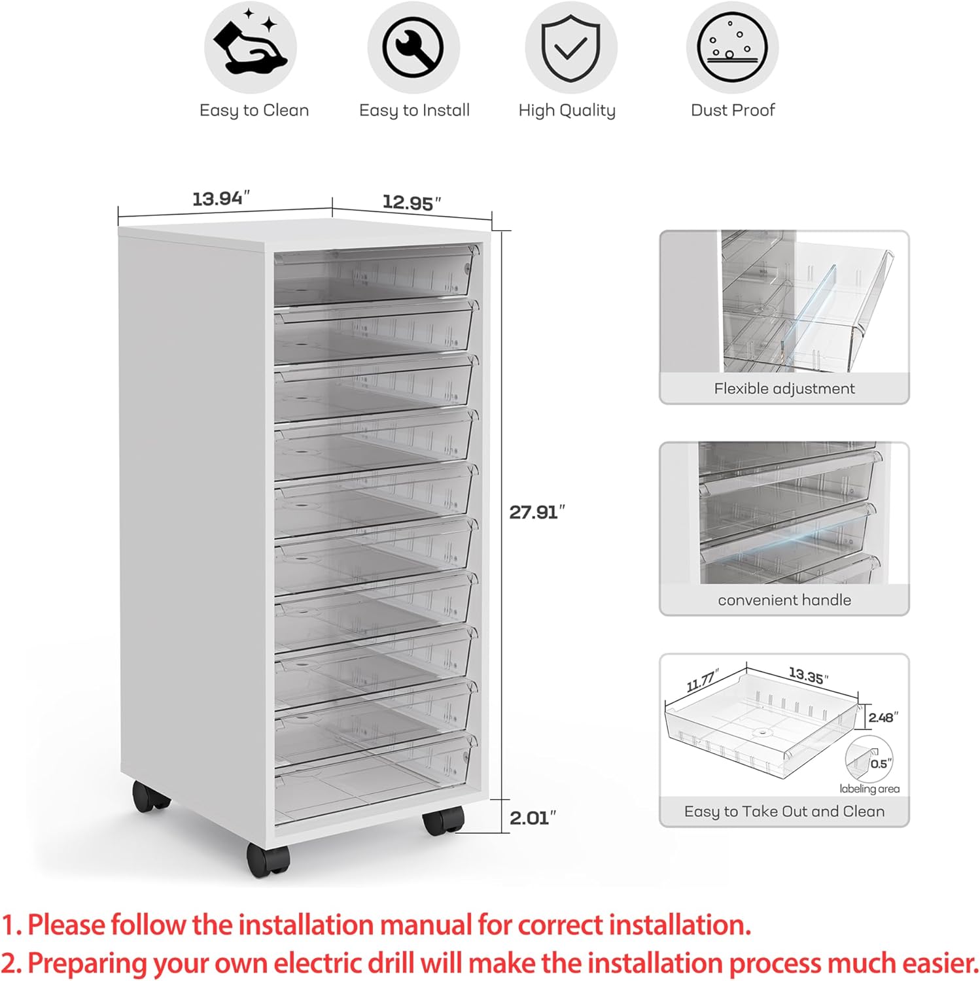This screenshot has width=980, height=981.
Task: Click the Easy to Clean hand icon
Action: (x=250, y=47)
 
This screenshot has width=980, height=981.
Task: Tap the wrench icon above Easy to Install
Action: (x=413, y=47)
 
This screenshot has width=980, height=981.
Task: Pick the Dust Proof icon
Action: (x=732, y=47)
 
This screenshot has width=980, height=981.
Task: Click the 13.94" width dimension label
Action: (x=221, y=198)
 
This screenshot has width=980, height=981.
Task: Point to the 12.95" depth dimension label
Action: (x=411, y=202)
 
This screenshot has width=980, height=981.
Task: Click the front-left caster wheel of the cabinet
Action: (x=268, y=859)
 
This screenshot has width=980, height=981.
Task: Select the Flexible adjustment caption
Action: (x=784, y=388)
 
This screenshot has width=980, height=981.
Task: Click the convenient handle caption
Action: (x=784, y=600)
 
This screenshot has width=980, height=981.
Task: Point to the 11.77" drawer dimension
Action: (x=703, y=681)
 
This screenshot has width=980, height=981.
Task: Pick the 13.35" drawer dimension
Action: (x=809, y=675)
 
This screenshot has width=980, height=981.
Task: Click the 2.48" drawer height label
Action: (x=883, y=717)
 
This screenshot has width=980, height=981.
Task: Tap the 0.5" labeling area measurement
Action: (x=881, y=764)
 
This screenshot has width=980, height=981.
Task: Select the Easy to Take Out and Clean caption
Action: (x=784, y=811)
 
